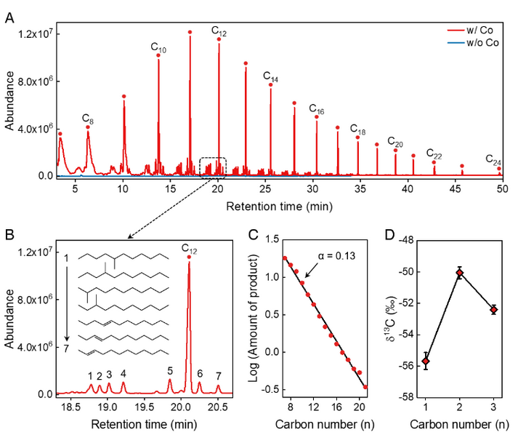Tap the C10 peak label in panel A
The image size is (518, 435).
pos(158,48)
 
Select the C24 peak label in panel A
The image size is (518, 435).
pos(493,159)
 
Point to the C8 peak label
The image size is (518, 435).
pos(87,119)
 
